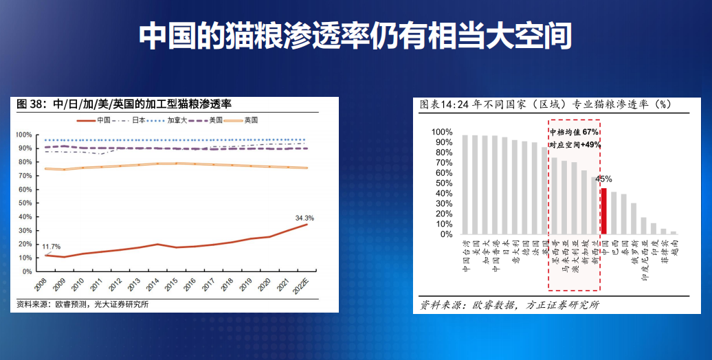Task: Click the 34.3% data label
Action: tap(304, 218)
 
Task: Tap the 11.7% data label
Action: tap(52, 247)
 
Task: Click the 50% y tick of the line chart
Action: tap(24, 203)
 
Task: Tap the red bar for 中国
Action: tap(603, 211)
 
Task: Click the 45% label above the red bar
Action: tap(603, 179)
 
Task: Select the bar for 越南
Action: tap(674, 233)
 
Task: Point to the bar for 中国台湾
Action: tap(465, 184)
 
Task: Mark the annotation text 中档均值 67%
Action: tap(575, 132)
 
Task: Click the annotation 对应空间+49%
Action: tap(575, 145)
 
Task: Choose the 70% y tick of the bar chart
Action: tap(441, 163)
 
